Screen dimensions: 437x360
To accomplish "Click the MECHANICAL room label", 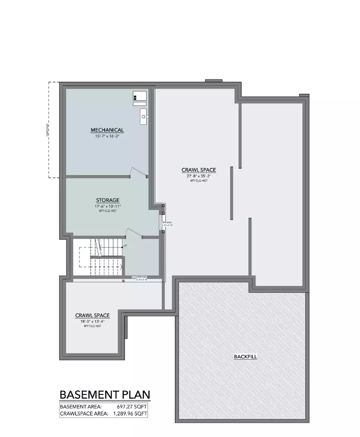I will pyautogui.click(x=107, y=130).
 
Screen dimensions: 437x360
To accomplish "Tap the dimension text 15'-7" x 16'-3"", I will pyautogui.click(x=107, y=136).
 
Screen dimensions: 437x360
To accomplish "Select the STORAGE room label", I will pyautogui.click(x=108, y=200).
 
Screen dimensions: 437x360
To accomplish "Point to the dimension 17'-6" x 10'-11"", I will pyautogui.click(x=108, y=206).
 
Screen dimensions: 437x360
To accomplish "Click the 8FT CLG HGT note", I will pyautogui.click(x=108, y=211).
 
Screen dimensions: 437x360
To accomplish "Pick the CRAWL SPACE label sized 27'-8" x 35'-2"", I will pyautogui.click(x=198, y=170).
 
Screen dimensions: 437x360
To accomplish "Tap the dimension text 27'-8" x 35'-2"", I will pyautogui.click(x=198, y=176).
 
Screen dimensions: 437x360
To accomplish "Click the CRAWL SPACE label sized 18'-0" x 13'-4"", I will pyautogui.click(x=92, y=316).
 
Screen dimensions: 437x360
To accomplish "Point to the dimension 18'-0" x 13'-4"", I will pyautogui.click(x=92, y=322).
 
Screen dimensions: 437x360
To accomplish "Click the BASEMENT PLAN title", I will pyautogui.click(x=104, y=395).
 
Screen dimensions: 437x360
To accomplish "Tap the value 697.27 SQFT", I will pyautogui.click(x=132, y=406).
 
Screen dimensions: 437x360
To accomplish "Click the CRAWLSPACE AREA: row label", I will pyautogui.click(x=84, y=414).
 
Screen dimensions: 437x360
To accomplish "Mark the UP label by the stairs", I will pyautogui.click(x=125, y=246).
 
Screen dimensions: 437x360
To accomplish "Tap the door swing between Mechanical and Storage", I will pyautogui.click(x=138, y=172).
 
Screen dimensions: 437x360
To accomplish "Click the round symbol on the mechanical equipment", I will pyautogui.click(x=143, y=117).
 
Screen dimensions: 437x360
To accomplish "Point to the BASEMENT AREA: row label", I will pyautogui.click(x=78, y=406).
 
